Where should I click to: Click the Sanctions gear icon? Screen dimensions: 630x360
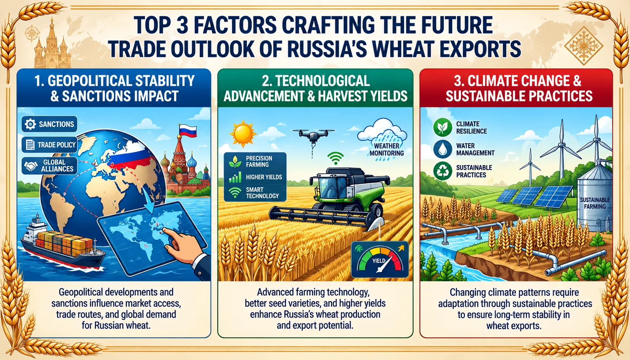click(x=30, y=124)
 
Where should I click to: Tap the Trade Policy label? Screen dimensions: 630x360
click(x=57, y=145)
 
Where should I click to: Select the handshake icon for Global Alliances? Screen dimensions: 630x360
click(x=30, y=166)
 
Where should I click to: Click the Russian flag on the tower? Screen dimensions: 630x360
click(x=187, y=131)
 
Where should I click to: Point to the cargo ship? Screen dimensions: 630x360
click(x=62, y=246)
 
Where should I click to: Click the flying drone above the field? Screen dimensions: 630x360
click(x=313, y=136)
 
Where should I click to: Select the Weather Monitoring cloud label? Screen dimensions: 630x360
click(x=387, y=149)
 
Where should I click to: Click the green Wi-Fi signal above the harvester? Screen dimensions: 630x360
click(x=336, y=158)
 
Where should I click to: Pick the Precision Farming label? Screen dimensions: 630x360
click(x=259, y=161)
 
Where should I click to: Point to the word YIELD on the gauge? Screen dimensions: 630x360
click(x=379, y=261)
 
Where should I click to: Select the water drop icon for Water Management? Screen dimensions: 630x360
click(x=442, y=149)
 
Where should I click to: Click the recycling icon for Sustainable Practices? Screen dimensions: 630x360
click(x=442, y=171)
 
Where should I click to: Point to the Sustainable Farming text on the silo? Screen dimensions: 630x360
click(x=595, y=203)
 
